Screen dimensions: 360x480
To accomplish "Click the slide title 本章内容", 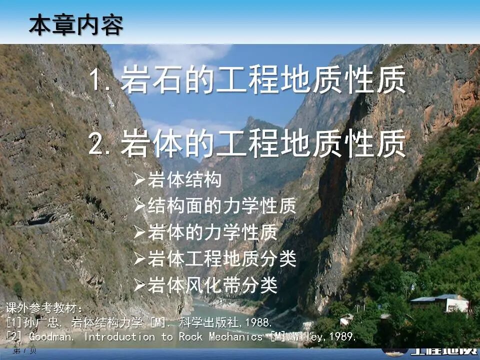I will [x=75, y=24].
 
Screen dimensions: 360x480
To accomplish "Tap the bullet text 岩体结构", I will [x=184, y=180].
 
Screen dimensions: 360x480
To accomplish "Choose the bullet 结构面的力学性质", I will [x=222, y=206].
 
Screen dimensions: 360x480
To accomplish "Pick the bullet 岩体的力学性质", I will [x=212, y=232].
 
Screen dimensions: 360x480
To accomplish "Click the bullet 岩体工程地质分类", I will [x=222, y=259].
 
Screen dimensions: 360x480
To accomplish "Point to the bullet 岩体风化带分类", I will [x=212, y=285].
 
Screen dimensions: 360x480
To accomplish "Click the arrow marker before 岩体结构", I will [x=139, y=180].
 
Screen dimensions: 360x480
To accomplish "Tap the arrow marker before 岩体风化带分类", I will [x=139, y=285].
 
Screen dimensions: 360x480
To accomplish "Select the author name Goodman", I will [x=51, y=336].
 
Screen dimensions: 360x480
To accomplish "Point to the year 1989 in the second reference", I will [x=342, y=336].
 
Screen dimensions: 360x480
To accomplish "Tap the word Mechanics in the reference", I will [x=235, y=336].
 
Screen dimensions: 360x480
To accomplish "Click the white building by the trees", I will [x=440, y=303].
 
